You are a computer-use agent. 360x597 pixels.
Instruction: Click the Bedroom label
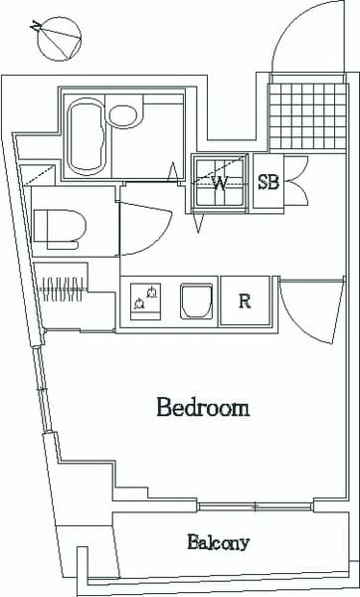(202, 408)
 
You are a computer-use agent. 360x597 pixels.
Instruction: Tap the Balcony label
(218, 543)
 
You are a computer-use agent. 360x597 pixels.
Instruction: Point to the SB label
(269, 182)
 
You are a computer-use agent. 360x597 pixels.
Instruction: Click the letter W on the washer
(219, 183)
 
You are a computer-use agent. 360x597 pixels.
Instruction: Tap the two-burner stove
(145, 299)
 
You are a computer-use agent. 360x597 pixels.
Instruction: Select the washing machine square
(218, 183)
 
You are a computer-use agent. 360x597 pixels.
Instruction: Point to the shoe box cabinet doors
(294, 180)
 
